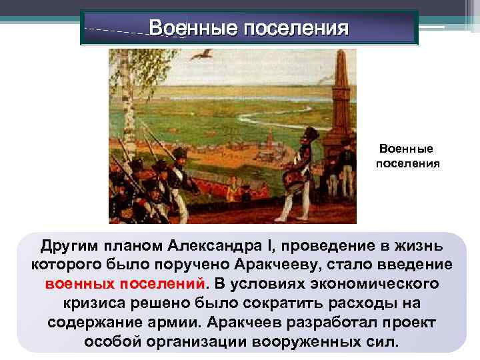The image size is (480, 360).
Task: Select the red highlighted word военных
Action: click(81, 283)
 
